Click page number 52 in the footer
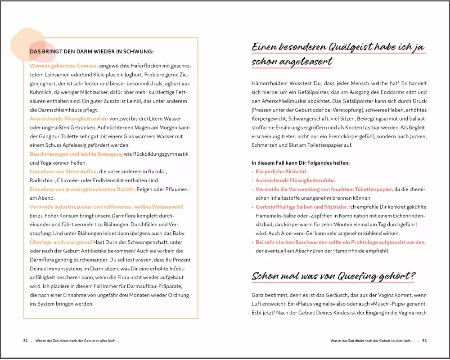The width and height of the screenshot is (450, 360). [26, 341]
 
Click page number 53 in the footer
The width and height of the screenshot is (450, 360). [424, 341]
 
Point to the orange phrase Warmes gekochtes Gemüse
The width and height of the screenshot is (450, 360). [64, 66]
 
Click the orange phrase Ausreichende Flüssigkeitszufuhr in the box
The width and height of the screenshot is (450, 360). [69, 118]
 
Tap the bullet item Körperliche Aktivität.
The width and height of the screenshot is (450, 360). [282, 172]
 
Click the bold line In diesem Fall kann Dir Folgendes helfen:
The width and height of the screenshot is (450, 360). [301, 163]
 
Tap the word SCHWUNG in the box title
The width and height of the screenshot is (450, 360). [138, 51]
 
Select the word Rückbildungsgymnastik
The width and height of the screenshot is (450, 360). [156, 154]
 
